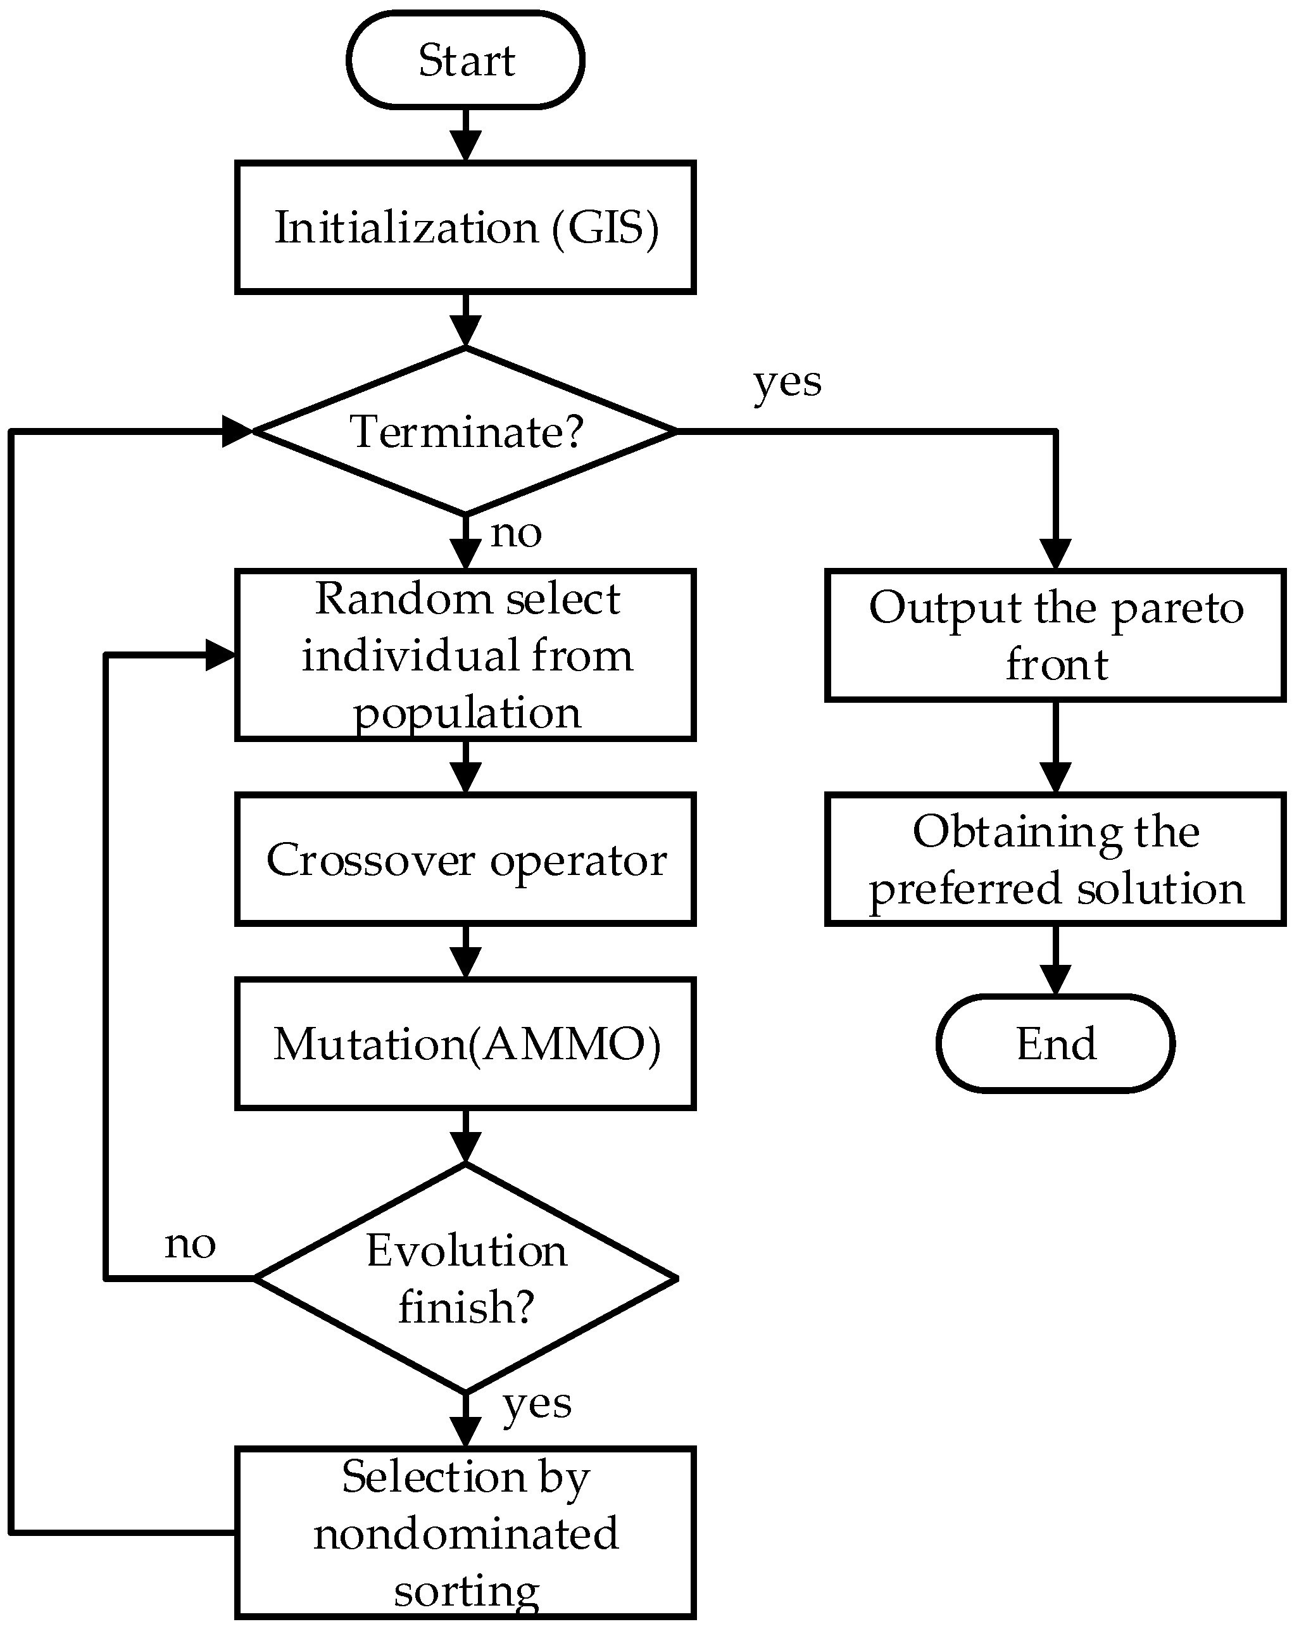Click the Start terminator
(x=465, y=60)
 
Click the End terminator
(x=1055, y=1043)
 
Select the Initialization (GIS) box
(x=465, y=227)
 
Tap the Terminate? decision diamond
(x=465, y=432)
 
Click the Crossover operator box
(x=465, y=860)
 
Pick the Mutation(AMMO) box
(x=465, y=1044)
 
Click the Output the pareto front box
(x=1055, y=635)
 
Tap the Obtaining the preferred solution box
(x=1055, y=860)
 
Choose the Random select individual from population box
(x=465, y=655)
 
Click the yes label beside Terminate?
(x=787, y=382)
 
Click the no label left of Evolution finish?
(x=190, y=1245)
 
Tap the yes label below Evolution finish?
(x=536, y=1404)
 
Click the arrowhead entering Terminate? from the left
(x=237, y=432)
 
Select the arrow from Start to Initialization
(x=465, y=135)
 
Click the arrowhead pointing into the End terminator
(x=1055, y=979)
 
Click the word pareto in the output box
(x=1177, y=609)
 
